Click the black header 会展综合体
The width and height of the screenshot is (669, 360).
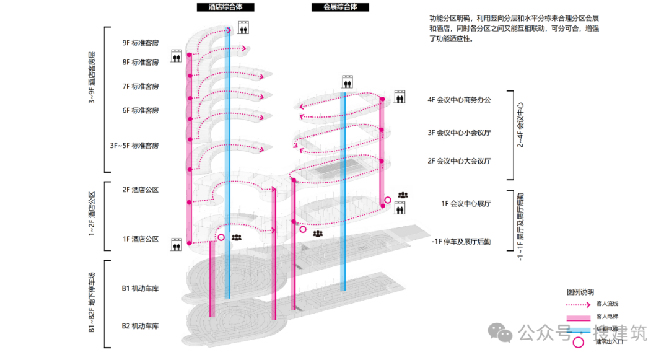coord(340,7)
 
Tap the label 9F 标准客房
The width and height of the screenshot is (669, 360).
coord(141,43)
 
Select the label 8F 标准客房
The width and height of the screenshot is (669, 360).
coord(141,63)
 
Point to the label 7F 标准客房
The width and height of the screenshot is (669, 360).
coord(141,86)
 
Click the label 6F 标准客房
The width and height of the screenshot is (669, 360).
coord(141,110)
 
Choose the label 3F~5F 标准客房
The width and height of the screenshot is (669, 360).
coord(134,146)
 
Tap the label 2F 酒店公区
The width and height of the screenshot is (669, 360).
coord(141,190)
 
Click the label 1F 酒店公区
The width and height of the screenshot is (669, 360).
coord(141,239)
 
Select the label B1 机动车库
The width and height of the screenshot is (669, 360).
coord(141,288)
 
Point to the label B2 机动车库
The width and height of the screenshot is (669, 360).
coord(141,326)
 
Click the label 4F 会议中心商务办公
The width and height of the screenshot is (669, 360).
coord(459,99)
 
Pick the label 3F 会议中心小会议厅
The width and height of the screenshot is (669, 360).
coord(459,132)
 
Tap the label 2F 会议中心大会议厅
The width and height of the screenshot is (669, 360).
coord(459,161)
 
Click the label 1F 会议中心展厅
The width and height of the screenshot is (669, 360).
coord(465,203)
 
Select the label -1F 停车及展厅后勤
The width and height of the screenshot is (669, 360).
coord(461,242)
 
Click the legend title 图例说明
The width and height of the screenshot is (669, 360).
coord(580,291)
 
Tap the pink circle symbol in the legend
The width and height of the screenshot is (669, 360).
coord(578,342)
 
